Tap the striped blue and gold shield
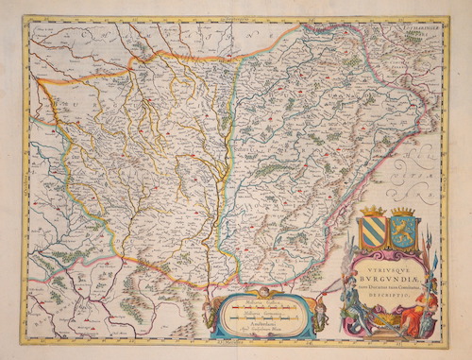[374, 232]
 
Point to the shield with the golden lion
[404, 232]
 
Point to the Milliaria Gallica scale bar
[261, 307]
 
